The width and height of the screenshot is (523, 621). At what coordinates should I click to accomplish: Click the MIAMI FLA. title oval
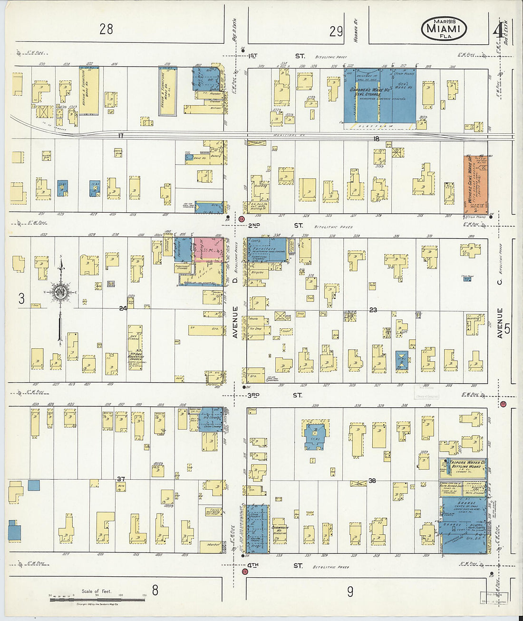coord(444,29)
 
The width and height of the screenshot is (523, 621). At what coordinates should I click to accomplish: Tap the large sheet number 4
coord(497,31)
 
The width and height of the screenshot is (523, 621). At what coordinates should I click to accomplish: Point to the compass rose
coord(60,292)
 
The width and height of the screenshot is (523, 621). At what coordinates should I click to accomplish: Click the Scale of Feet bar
coord(97,599)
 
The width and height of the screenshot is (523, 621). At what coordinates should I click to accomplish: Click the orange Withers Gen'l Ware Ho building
coord(475,184)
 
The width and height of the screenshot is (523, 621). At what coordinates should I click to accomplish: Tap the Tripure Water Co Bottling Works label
coord(462,464)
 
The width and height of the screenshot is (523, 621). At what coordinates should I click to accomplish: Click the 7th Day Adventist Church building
coord(135,347)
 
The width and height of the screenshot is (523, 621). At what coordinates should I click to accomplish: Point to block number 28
coord(106,29)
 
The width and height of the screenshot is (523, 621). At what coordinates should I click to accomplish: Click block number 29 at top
coord(336,31)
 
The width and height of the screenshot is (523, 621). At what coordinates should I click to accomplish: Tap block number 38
coord(372,481)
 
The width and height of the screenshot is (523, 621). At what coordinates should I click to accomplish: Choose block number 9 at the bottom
coord(350,591)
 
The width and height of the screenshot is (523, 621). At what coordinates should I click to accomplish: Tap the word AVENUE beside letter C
coord(500,324)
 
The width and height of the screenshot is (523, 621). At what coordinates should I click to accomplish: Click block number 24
coord(123,308)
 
